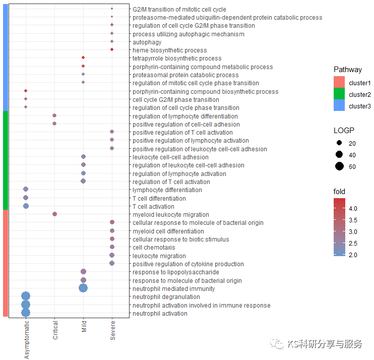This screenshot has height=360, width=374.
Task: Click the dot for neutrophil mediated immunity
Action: click(83, 288)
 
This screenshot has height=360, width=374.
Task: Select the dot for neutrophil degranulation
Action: click(26, 296)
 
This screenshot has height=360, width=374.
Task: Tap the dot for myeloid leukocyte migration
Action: click(54, 214)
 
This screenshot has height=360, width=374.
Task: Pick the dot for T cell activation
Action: click(26, 206)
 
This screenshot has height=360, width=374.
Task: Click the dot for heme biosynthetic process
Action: click(112, 49)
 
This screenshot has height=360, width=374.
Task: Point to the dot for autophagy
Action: click(112, 41)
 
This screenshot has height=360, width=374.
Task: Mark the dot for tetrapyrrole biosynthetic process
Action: click(83, 58)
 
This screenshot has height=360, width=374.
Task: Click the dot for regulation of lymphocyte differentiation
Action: click(54, 115)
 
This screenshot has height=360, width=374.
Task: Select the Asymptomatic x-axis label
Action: click(26, 339)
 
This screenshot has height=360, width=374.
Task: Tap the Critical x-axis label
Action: click(55, 330)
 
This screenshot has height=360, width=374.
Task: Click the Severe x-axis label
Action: click(112, 330)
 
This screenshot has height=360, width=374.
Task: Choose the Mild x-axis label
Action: click(84, 328)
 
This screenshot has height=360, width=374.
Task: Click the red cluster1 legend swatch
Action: click(339, 83)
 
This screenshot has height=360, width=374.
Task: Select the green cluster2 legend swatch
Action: click(339, 94)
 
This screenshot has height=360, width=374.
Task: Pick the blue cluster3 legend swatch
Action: click(339, 106)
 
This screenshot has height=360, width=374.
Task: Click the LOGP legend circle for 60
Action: click(339, 166)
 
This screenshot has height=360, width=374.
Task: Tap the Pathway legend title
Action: click(347, 70)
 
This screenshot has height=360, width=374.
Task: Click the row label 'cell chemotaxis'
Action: click(154, 248)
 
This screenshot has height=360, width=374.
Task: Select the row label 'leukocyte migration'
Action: click(159, 256)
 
